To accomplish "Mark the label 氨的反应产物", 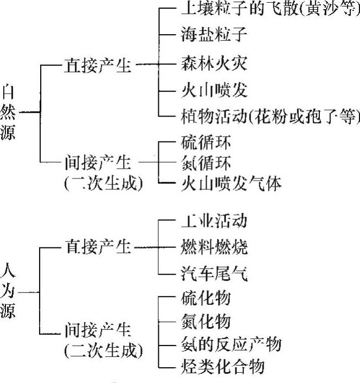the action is point(230,344).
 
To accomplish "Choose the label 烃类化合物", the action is point(222,367).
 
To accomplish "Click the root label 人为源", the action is point(9,290).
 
